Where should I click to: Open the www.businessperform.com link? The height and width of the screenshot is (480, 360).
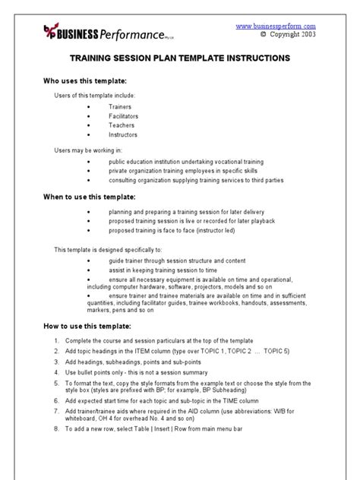click(275, 25)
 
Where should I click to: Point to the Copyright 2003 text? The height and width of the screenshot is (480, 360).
click(288, 34)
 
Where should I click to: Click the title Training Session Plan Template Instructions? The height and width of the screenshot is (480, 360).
click(179, 58)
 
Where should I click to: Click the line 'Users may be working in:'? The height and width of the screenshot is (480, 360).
click(87, 150)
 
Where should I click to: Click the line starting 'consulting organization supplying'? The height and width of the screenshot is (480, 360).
click(197, 180)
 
